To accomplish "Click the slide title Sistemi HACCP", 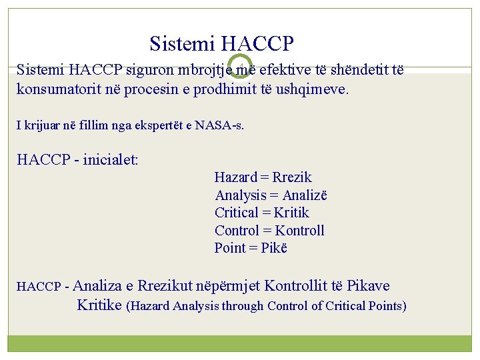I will pos(221,44).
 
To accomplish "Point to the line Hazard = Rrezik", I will pos(263,177).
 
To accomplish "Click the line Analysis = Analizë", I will pos(271,195).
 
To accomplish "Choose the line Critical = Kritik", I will pos(261,213).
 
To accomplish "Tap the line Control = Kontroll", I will pos(269,231).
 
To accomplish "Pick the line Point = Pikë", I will pos(251,248).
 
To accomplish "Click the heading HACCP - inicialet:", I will pos(77,160).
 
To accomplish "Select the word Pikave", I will pos(369,287).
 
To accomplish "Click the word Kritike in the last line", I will pos(99,305).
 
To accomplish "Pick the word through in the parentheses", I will pos(243,306).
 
